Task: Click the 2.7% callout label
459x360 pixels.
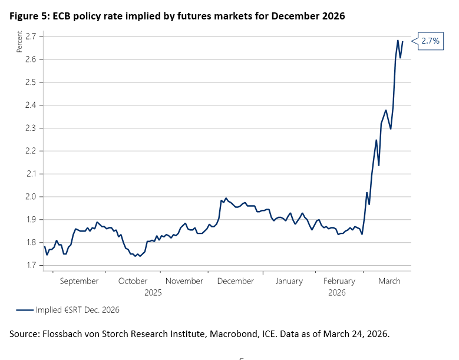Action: point(431,41)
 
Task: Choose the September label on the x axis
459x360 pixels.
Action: point(79,282)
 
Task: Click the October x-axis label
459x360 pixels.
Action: point(133,282)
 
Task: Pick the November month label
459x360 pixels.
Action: point(184,282)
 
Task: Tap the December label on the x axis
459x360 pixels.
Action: point(235,282)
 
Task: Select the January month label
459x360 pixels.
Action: point(289,282)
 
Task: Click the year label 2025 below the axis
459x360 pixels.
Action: point(153,292)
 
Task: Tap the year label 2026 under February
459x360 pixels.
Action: point(337,292)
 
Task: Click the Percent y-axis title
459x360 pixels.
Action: point(19,43)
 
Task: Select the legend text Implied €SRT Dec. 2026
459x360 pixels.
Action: point(78,309)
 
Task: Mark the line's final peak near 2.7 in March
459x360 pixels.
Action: point(398,41)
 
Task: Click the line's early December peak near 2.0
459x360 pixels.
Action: point(226,199)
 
